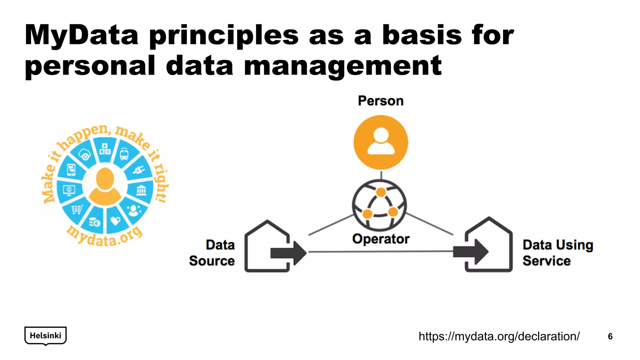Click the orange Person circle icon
381,142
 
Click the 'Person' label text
381,101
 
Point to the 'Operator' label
381,239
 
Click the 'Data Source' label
212,253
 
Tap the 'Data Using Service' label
557,253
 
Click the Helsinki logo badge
46,336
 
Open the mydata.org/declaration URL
499,337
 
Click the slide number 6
610,337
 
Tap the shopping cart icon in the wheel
77,209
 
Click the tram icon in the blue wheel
124,154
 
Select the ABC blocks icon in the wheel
105,149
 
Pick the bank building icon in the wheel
141,190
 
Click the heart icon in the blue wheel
115,221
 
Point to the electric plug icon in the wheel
138,170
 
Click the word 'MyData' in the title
82,35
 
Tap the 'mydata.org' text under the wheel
105,237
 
